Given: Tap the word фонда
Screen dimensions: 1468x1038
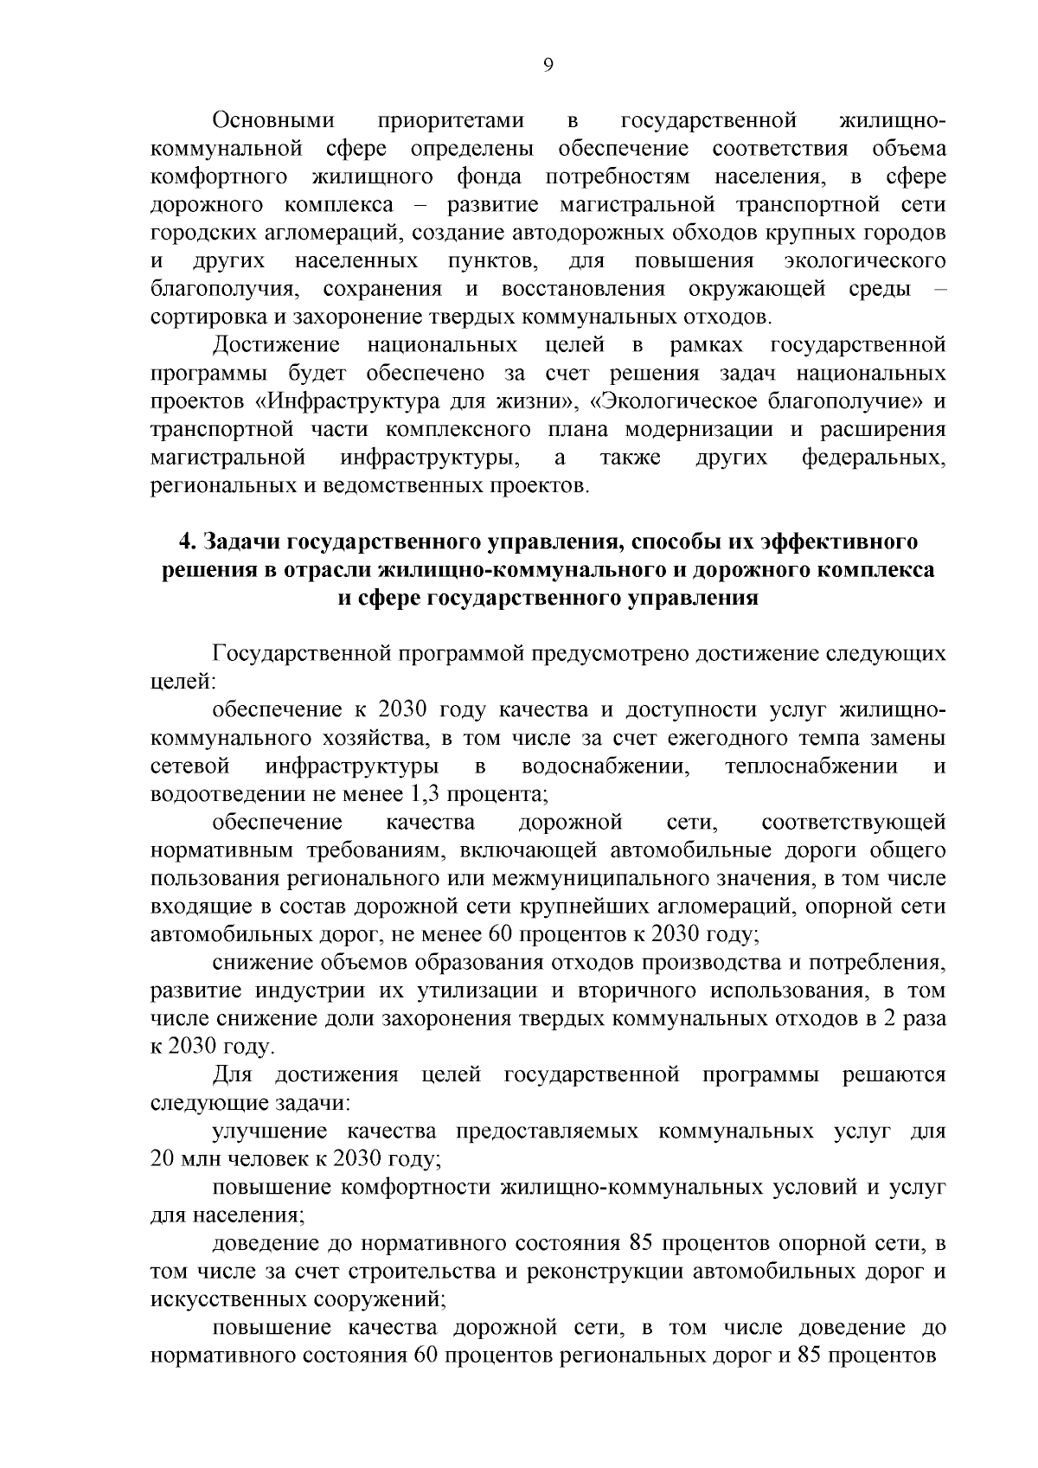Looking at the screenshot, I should (x=490, y=177).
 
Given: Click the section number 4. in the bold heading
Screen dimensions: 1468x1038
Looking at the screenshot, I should (x=188, y=542).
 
